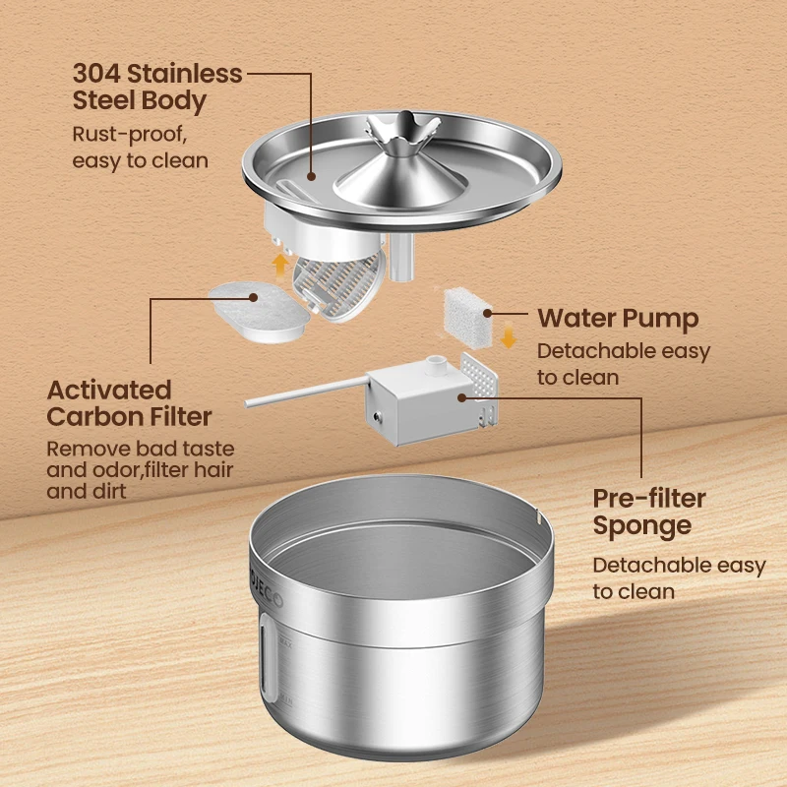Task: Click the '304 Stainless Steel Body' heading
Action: [x=157, y=87]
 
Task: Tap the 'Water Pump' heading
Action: [x=618, y=318]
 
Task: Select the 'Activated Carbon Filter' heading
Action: [x=129, y=402]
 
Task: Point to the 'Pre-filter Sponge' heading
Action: [x=649, y=512]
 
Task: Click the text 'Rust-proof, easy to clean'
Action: [x=141, y=147]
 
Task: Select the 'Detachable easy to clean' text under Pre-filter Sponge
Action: [x=679, y=577]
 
